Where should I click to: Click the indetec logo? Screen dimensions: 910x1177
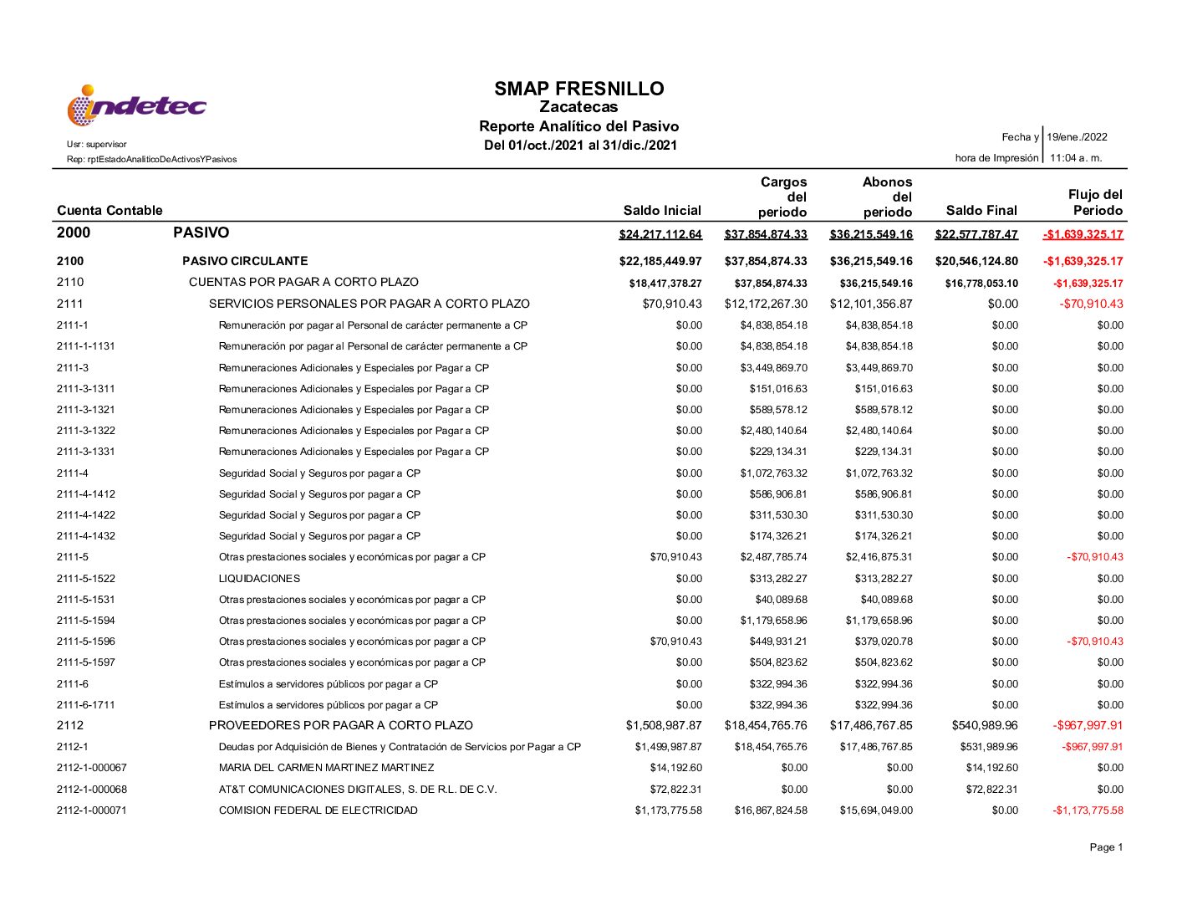tap(136, 106)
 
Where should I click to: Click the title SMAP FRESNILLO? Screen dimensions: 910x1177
tap(578, 89)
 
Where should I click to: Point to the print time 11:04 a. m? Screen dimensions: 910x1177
tap(1076, 158)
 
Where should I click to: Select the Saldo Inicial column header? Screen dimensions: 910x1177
tap(662, 211)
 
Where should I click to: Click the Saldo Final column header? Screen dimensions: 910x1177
tap(981, 211)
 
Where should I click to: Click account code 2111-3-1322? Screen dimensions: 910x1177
tap(86, 431)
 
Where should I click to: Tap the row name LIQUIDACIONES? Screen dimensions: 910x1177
tap(259, 579)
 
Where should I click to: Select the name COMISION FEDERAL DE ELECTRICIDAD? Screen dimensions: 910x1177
tap(318, 810)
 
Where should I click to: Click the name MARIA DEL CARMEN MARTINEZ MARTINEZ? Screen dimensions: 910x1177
tap(326, 768)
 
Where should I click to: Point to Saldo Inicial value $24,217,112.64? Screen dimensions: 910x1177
tap(660, 234)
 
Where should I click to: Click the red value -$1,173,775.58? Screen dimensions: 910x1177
tap(1088, 810)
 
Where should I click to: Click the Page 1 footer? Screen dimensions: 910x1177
tap(1106, 848)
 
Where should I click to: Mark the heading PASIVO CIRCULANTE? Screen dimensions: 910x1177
tap(245, 261)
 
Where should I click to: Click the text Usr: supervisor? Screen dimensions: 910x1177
tap(97, 145)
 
